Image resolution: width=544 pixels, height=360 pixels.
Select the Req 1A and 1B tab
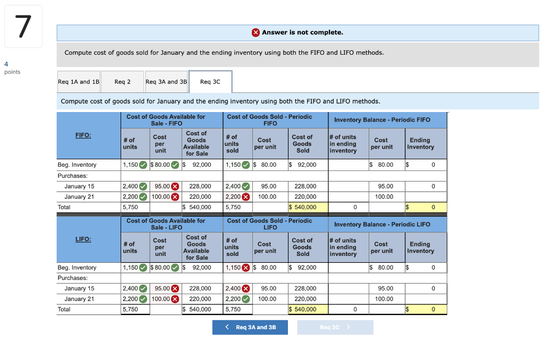coord(78,82)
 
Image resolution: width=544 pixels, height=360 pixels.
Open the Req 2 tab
coord(122,82)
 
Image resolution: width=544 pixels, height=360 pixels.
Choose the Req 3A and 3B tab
coord(166,82)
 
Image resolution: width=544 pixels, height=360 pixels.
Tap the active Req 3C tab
coord(210,82)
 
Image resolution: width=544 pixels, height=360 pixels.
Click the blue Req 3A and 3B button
coord(250,327)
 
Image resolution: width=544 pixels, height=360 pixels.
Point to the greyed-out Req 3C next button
coord(335,327)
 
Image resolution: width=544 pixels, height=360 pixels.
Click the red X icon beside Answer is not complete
coord(256,32)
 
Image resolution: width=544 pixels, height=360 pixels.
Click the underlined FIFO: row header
coord(83,135)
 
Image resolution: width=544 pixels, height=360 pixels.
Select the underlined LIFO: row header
coord(83,239)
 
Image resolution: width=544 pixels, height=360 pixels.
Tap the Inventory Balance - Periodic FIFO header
coord(382,119)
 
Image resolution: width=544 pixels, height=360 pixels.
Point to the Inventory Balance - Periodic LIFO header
coord(382,224)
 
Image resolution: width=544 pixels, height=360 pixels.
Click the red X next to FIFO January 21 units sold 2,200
coord(246,196)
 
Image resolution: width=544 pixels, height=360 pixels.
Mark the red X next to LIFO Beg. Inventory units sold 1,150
coord(246,268)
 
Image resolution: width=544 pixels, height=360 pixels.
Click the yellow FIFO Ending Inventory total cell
coord(425,207)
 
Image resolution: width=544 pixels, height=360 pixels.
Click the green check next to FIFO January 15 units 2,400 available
coord(143,186)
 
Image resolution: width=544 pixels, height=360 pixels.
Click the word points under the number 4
coord(12,72)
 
